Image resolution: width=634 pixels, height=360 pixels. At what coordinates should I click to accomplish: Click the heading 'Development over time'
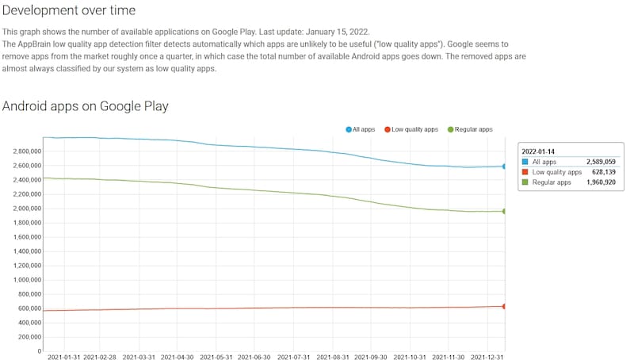pyautogui.click(x=69, y=10)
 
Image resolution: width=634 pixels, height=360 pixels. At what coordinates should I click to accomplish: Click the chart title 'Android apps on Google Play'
pyautogui.click(x=86, y=105)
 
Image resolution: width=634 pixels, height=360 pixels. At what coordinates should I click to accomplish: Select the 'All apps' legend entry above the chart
pyautogui.click(x=361, y=129)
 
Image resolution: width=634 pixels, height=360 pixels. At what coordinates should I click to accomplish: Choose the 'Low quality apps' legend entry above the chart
pyautogui.click(x=411, y=129)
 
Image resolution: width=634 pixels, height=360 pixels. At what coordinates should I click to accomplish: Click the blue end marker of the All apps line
pyautogui.click(x=504, y=167)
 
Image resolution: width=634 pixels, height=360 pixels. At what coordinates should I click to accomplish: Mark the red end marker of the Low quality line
pyautogui.click(x=504, y=306)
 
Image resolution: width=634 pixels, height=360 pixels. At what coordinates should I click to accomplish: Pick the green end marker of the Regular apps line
pyautogui.click(x=504, y=211)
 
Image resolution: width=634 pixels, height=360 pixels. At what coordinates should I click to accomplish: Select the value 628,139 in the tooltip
pyautogui.click(x=601, y=172)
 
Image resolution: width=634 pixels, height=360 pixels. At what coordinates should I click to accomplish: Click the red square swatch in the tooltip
pyautogui.click(x=525, y=172)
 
